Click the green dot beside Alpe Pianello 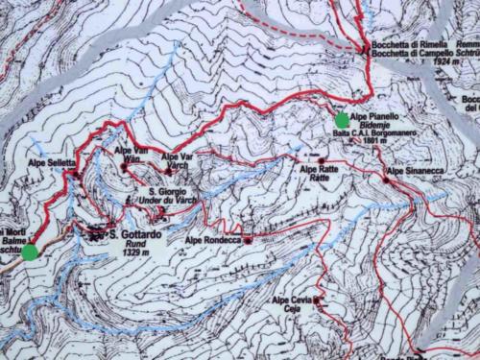(343, 119)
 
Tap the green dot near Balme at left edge (30, 252)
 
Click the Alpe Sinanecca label (418, 171)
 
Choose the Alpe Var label (180, 156)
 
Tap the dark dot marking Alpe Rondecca (248, 240)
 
